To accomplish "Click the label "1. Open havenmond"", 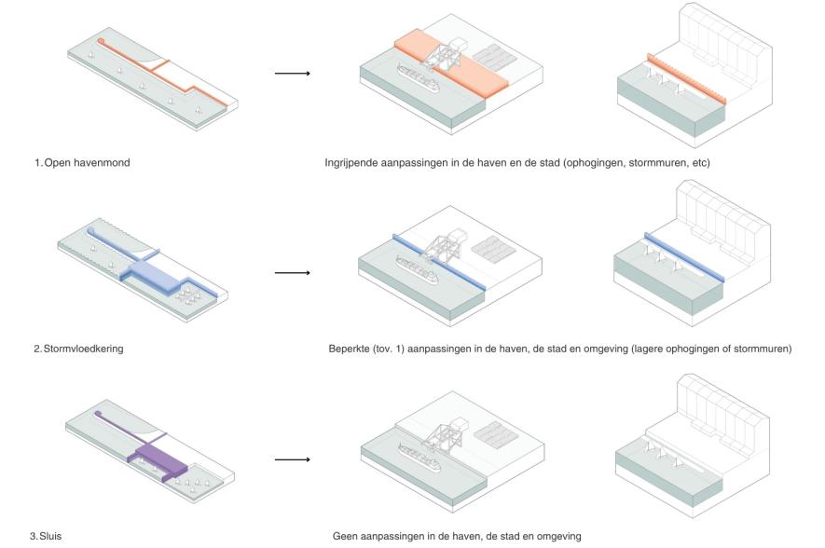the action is coord(82,162).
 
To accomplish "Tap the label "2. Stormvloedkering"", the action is coord(78,349).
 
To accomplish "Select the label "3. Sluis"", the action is coord(46,537).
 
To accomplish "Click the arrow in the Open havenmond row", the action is coord(293,73).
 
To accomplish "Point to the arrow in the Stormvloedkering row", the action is coord(293,272).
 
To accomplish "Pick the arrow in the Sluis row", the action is coord(293,459).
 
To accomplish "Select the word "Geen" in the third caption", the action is coord(344,537).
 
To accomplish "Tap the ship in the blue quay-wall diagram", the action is coord(417,269).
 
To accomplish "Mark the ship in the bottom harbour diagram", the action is coord(419,459).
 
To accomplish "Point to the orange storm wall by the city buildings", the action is coord(687,79).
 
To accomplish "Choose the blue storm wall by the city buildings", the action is coord(684,257).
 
